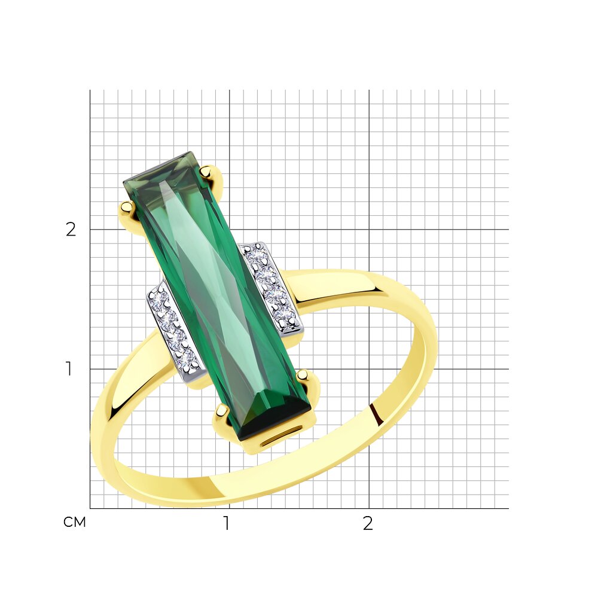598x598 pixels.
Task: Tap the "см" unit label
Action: point(74,522)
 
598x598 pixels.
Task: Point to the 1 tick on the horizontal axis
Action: point(227,523)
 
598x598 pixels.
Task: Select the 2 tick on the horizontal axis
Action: point(368,523)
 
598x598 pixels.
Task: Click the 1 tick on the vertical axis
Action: point(69,369)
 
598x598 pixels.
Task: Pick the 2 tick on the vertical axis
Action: point(71,230)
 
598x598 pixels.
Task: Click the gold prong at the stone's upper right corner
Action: point(208,172)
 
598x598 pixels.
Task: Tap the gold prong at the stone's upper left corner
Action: point(127,208)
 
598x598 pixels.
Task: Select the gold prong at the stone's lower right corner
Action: point(304,376)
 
